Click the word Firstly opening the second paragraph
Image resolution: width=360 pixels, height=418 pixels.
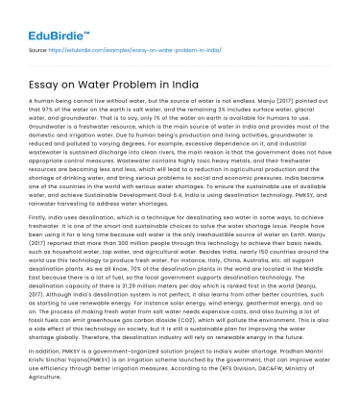(38, 217)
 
